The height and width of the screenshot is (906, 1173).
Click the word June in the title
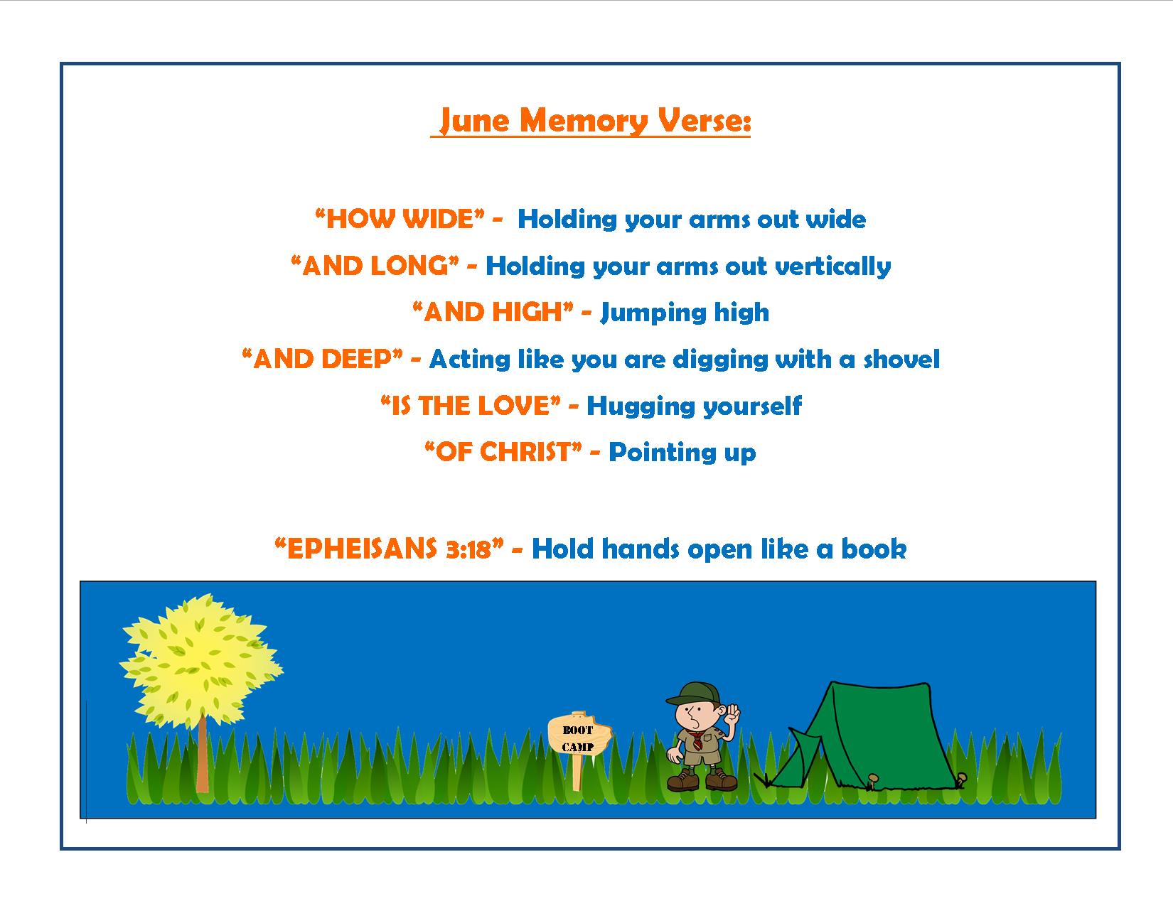(x=474, y=121)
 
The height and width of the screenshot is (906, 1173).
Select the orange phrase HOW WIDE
(x=400, y=219)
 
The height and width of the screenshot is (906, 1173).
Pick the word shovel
(x=901, y=360)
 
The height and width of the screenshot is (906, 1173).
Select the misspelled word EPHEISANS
(x=362, y=549)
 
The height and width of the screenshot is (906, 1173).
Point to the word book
(x=874, y=549)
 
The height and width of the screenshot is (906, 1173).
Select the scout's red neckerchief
(x=697, y=740)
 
